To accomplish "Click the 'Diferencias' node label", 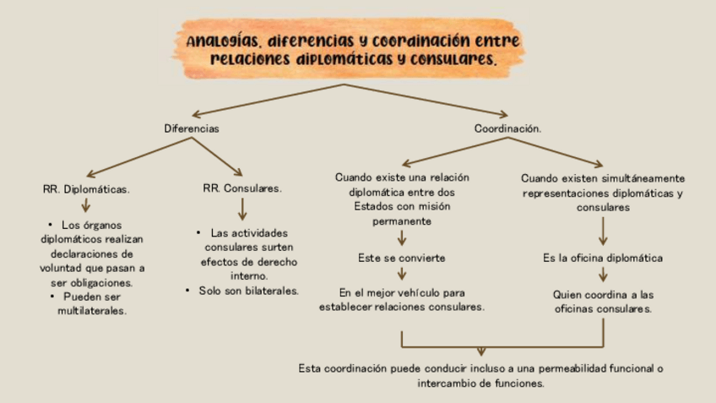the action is [x=192, y=129].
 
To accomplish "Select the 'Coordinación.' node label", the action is [x=507, y=129].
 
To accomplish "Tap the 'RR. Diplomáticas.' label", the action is [x=85, y=189].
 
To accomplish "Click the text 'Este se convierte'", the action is [x=402, y=257].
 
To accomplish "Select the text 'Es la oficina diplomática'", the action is [x=603, y=258].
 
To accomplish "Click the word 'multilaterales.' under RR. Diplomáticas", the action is [x=92, y=311].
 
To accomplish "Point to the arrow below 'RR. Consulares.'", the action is [x=242, y=209].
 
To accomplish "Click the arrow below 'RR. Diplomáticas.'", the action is [x=85, y=205].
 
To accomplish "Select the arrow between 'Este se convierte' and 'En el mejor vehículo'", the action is [x=402, y=274].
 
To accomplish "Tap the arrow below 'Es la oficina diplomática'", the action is [x=603, y=275].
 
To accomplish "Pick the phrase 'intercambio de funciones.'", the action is [x=480, y=383].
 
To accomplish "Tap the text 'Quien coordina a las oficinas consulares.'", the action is [x=603, y=302].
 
